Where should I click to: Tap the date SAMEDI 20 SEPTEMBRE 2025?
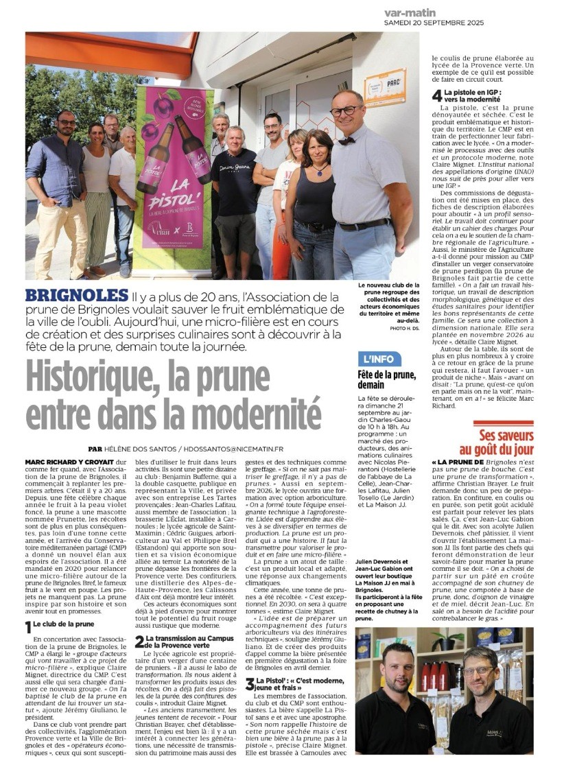[434, 23]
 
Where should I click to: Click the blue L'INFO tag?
[379, 359]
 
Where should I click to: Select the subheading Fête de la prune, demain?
[386, 379]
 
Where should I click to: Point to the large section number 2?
[139, 642]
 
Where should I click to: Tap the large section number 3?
[250, 683]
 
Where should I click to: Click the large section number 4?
[436, 95]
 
